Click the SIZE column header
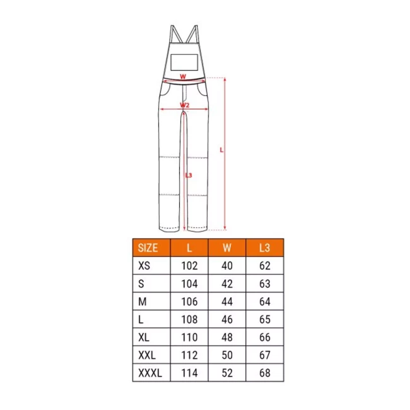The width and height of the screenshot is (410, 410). click(148, 248)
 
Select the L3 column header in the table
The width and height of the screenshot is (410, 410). click(264, 248)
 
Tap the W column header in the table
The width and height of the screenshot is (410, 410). click(227, 248)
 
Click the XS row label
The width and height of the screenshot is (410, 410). click(144, 266)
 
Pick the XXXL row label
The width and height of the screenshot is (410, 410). click(150, 373)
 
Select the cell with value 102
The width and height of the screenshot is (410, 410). click(189, 266)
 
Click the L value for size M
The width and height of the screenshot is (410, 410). click(189, 302)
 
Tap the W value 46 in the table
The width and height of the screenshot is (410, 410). click(227, 319)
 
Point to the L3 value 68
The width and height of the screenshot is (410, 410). click(265, 373)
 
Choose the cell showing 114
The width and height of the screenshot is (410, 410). click(189, 373)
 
